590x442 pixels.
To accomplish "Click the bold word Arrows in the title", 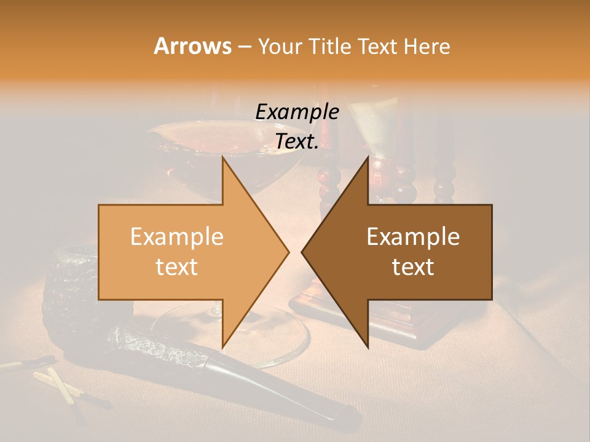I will pyautogui.click(x=192, y=46).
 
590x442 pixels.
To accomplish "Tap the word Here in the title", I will pyautogui.click(x=427, y=46).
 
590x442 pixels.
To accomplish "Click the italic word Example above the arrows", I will pyautogui.click(x=297, y=112).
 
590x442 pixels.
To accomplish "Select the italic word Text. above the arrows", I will pyautogui.click(x=297, y=142).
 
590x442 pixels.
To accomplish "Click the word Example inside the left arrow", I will pyautogui.click(x=176, y=237).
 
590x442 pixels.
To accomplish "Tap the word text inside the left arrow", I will pyautogui.click(x=176, y=266).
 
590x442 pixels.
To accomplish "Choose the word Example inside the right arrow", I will pyautogui.click(x=413, y=237).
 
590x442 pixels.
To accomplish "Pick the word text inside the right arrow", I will pyautogui.click(x=413, y=266).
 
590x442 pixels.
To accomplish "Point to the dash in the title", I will pyautogui.click(x=243, y=47).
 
